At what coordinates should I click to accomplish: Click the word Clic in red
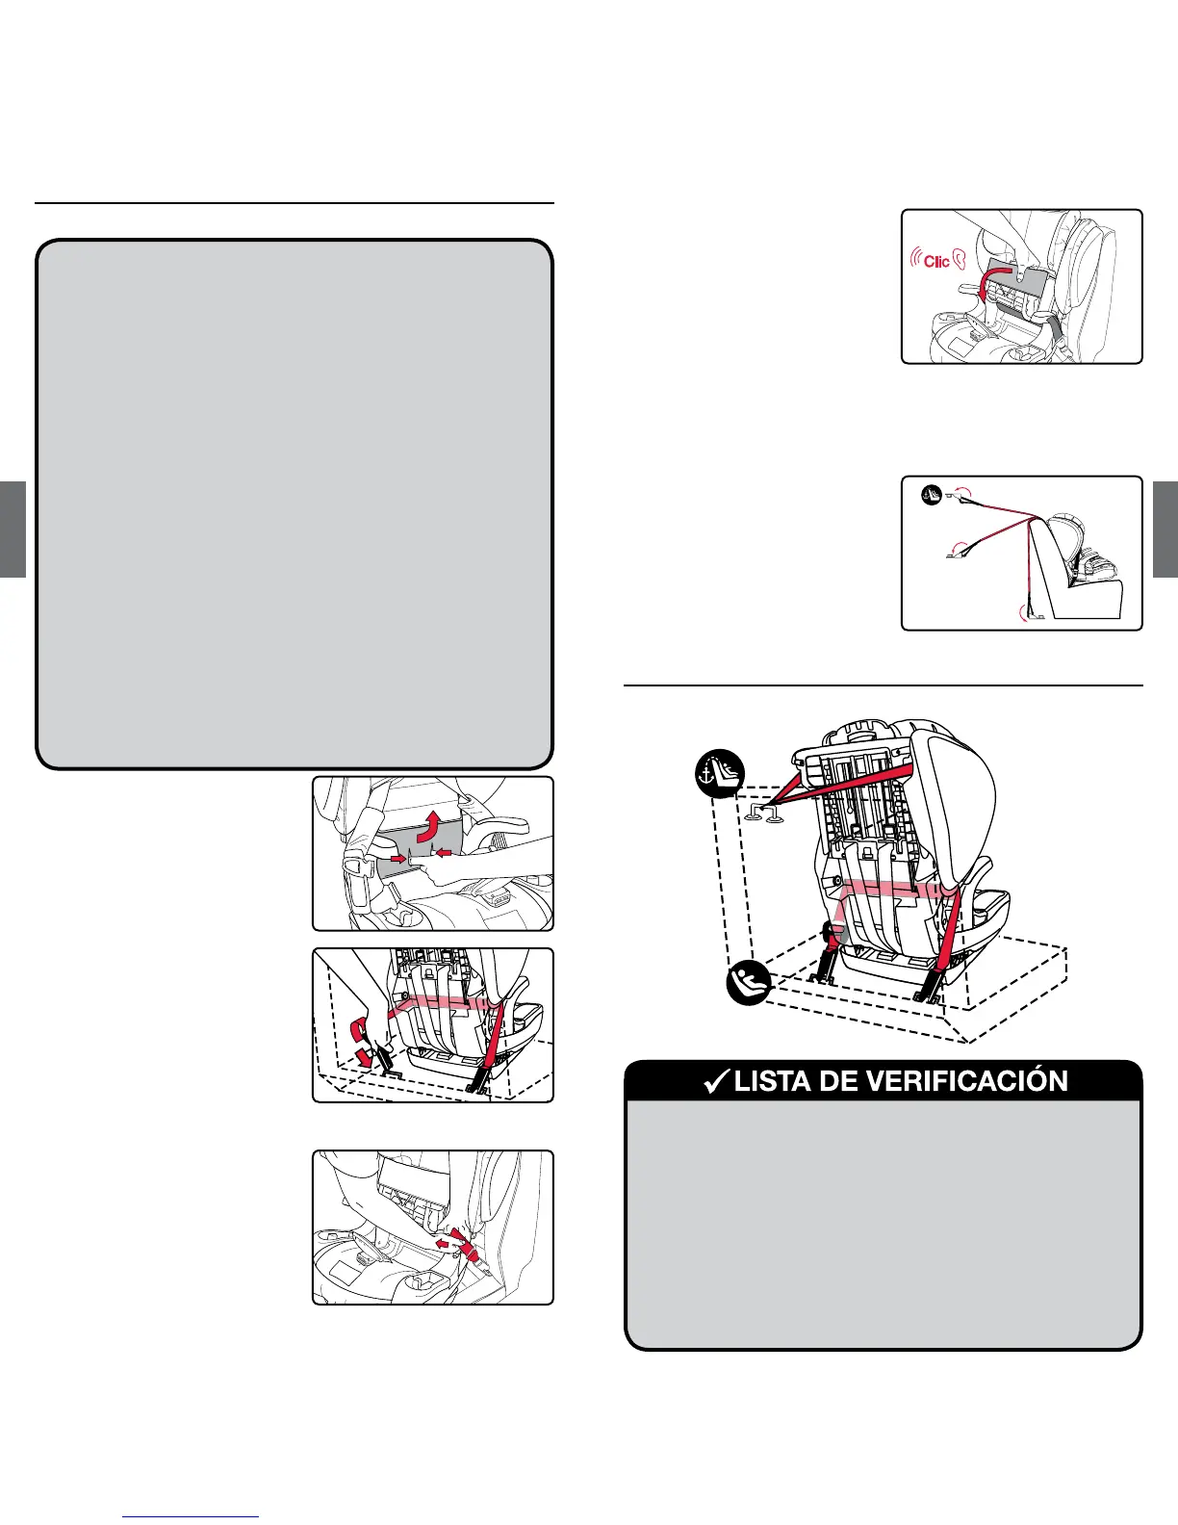pyautogui.click(x=936, y=261)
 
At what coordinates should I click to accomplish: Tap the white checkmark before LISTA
pyautogui.click(x=714, y=1081)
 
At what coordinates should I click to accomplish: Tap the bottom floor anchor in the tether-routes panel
pyautogui.click(x=1037, y=613)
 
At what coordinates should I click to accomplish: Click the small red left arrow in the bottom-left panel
pyautogui.click(x=444, y=1243)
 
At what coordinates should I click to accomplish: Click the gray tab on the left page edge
pyautogui.click(x=13, y=529)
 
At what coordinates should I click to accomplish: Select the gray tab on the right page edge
pyautogui.click(x=1165, y=529)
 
